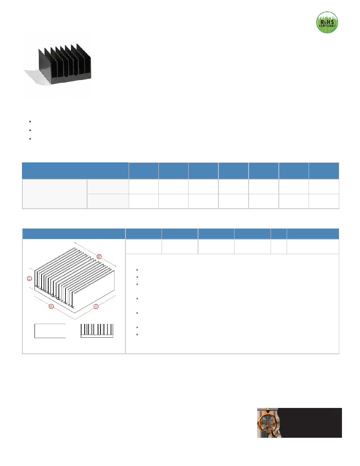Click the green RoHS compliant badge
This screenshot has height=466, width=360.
click(x=327, y=22)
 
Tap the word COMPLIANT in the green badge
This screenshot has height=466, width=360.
click(x=327, y=26)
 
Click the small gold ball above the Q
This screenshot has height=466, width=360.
click(x=268, y=410)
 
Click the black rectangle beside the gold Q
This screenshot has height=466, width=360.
click(x=311, y=422)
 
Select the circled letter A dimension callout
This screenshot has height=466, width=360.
click(x=96, y=306)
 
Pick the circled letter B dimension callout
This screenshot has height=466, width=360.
click(x=51, y=306)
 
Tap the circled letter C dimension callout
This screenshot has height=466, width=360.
click(x=29, y=279)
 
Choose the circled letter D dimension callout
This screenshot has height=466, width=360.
click(x=100, y=257)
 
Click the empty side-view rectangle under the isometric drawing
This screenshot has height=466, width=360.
click(x=50, y=331)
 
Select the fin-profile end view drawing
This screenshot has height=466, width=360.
click(x=97, y=331)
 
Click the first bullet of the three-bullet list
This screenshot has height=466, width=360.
click(x=30, y=122)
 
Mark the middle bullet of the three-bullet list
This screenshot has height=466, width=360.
click(x=30, y=130)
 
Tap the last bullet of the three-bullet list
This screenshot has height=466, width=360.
click(x=30, y=139)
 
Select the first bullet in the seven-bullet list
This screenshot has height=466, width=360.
click(x=137, y=270)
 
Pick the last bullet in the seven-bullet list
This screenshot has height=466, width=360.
click(x=137, y=335)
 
